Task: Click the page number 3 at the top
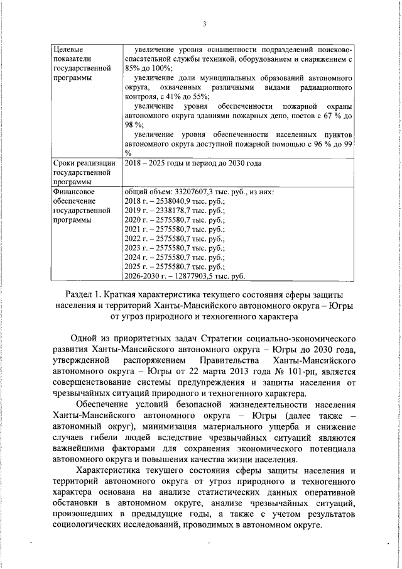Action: [x=205, y=24]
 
